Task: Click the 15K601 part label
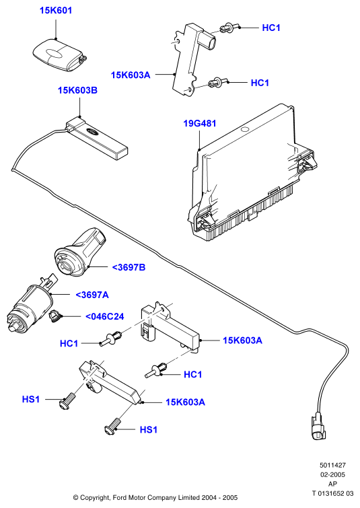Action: (56, 10)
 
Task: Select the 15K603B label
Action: (78, 90)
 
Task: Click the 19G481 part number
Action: (200, 123)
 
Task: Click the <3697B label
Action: (129, 267)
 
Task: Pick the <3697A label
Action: (92, 295)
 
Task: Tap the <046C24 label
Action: (105, 316)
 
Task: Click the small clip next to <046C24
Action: (54, 316)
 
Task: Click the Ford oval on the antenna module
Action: (94, 133)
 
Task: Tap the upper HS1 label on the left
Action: (31, 400)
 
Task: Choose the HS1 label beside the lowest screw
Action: (149, 430)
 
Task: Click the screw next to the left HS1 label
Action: (67, 401)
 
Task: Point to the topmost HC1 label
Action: (271, 28)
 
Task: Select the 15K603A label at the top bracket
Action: (131, 75)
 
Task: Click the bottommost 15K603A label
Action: (185, 402)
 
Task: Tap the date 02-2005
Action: (333, 475)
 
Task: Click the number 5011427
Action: (333, 465)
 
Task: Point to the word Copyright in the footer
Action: (95, 498)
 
